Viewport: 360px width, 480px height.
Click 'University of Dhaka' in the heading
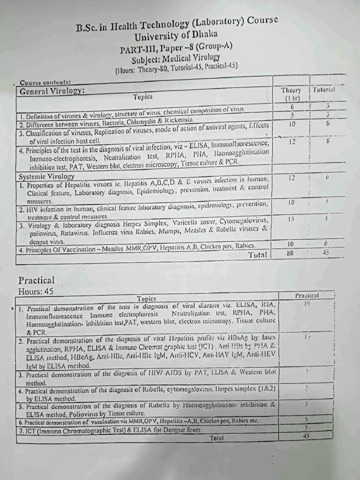176,36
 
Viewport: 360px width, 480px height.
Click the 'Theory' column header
293,90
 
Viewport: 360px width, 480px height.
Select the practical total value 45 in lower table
307,435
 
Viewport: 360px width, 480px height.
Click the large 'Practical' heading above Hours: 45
37,280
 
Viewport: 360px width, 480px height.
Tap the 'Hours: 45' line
36,292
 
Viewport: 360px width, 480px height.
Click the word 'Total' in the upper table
258,255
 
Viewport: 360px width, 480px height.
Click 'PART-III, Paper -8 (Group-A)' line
176,47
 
